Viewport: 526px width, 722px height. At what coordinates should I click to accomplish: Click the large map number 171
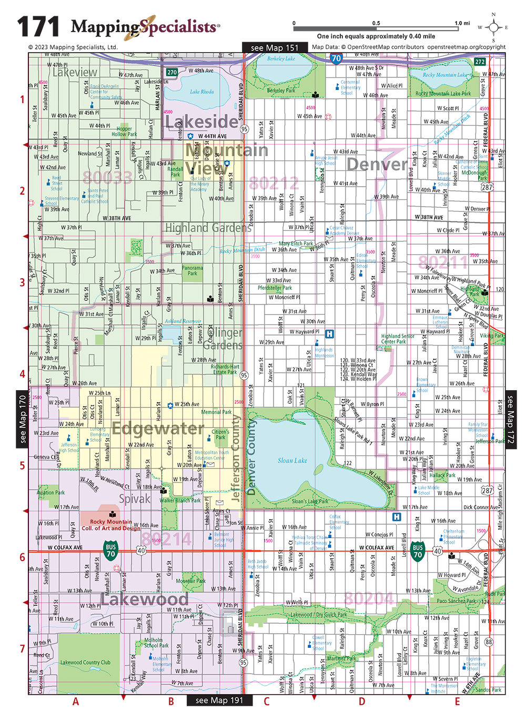coord(38,27)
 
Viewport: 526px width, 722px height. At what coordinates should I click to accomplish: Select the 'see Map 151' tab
coord(274,48)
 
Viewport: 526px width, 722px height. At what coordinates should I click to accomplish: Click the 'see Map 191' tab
coord(219,700)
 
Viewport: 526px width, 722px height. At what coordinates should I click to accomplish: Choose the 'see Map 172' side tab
coord(510,419)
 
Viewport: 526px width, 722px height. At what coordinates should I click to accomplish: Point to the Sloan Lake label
coord(292,461)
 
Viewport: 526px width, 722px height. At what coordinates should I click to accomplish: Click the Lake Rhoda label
coord(201,91)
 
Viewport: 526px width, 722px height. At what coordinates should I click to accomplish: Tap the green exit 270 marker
coord(172,73)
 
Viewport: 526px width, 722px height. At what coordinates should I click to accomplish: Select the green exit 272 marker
coord(480,62)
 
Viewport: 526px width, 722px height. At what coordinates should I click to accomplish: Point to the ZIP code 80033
coord(107,178)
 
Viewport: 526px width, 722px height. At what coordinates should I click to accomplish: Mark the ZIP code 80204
coord(368,598)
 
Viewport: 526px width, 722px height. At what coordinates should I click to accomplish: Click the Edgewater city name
coord(158,429)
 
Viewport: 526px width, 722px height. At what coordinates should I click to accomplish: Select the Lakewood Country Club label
coord(85,663)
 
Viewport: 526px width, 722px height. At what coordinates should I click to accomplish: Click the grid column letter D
coord(362,701)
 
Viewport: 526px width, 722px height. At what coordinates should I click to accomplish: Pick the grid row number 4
coord(22,374)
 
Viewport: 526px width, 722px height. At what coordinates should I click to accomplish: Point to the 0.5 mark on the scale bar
coord(376,23)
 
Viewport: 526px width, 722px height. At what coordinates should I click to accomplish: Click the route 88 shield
coord(489,642)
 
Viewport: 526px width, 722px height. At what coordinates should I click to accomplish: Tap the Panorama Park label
coord(193,270)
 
